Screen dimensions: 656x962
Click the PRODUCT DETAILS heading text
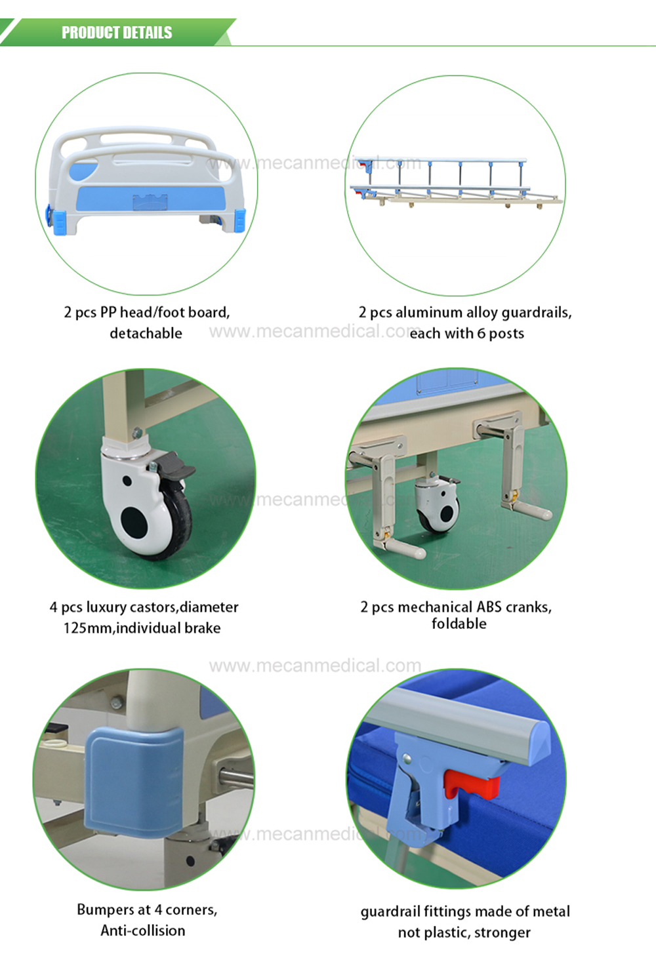click(117, 33)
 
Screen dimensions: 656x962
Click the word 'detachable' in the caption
click(146, 333)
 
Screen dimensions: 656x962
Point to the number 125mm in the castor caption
click(88, 628)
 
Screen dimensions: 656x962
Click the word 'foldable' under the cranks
click(459, 624)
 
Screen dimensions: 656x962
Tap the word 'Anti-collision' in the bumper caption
click(143, 931)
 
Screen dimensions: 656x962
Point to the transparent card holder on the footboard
click(150, 202)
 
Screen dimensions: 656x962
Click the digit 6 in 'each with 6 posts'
click(481, 333)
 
